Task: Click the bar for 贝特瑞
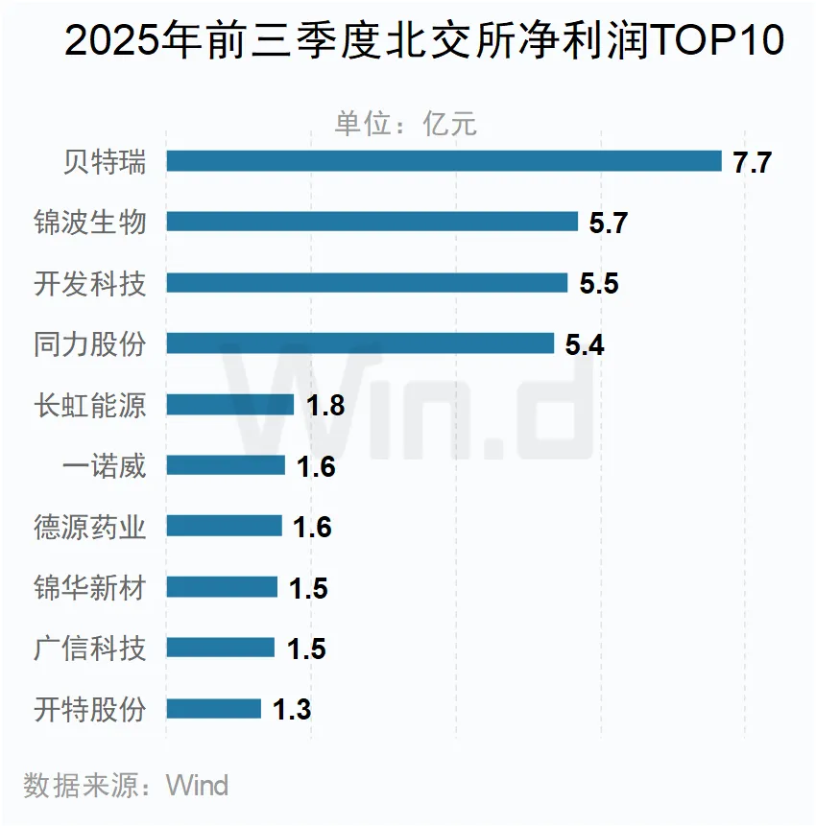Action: pyautogui.click(x=444, y=161)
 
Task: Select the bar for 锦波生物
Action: pyautogui.click(x=372, y=222)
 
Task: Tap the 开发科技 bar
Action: pyautogui.click(x=367, y=283)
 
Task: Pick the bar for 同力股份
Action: pyautogui.click(x=360, y=343)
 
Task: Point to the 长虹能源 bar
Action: pyautogui.click(x=230, y=405)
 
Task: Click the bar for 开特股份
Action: pyautogui.click(x=213, y=709)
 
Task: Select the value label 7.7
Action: pyautogui.click(x=752, y=162)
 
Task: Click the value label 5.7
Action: pyautogui.click(x=608, y=223)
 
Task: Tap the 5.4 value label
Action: pyautogui.click(x=585, y=344)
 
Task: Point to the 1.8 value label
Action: pyautogui.click(x=325, y=406)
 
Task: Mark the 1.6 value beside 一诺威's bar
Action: pyautogui.click(x=316, y=466)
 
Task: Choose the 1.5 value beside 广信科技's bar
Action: pyautogui.click(x=306, y=649)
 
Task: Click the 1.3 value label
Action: pyautogui.click(x=292, y=710)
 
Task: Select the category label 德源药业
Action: pyautogui.click(x=90, y=527)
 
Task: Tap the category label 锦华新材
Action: pyautogui.click(x=90, y=587)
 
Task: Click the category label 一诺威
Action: pyautogui.click(x=104, y=465)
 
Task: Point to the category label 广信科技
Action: pyautogui.click(x=90, y=649)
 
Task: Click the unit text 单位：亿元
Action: pyautogui.click(x=405, y=124)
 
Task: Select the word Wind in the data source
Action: pyautogui.click(x=198, y=786)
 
